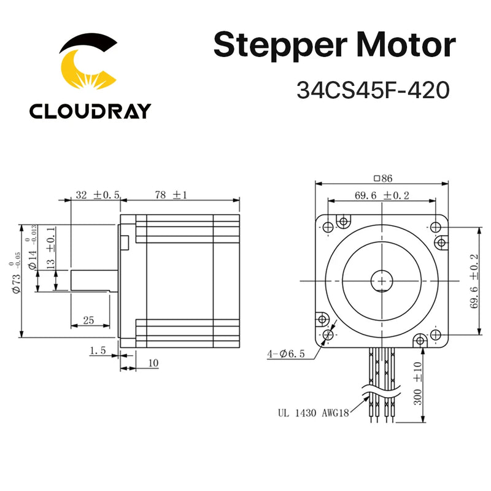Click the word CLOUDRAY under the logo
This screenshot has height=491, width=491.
(x=90, y=111)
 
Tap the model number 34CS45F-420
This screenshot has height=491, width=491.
(x=373, y=90)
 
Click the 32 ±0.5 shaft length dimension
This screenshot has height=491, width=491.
(x=97, y=195)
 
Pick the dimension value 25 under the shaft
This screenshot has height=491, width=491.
(x=89, y=320)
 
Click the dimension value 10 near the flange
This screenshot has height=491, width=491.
(x=152, y=363)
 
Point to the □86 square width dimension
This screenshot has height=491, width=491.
(x=382, y=179)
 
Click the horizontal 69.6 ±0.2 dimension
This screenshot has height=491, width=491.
(x=382, y=196)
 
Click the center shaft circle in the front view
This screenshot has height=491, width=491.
(x=383, y=280)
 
